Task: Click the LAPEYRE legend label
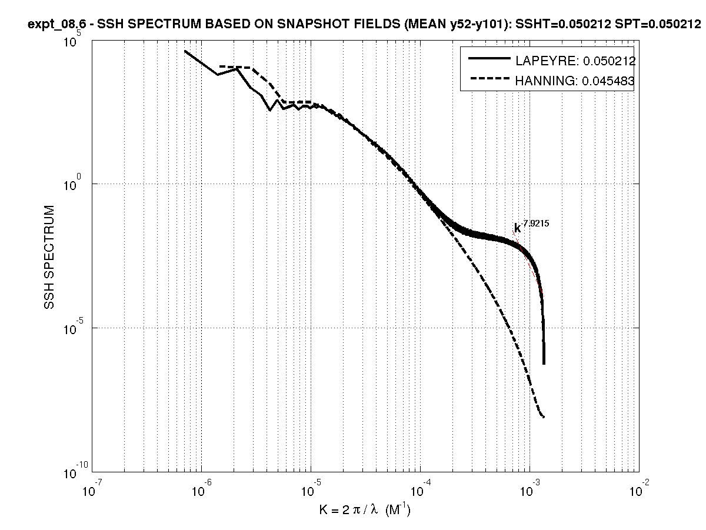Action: coord(575,61)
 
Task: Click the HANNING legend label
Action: coord(575,82)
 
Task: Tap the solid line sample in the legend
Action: coord(488,59)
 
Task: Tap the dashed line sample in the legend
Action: coord(488,81)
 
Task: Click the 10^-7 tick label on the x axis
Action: coord(92,490)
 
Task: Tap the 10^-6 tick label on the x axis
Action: coord(201,490)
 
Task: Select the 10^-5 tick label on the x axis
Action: coord(310,490)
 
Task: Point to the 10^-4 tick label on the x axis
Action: coord(419,490)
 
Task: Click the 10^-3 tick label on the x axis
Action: coord(529,490)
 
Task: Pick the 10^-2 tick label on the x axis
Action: coord(638,490)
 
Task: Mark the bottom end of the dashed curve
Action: coord(544,417)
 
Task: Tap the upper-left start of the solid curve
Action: coord(185,51)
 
